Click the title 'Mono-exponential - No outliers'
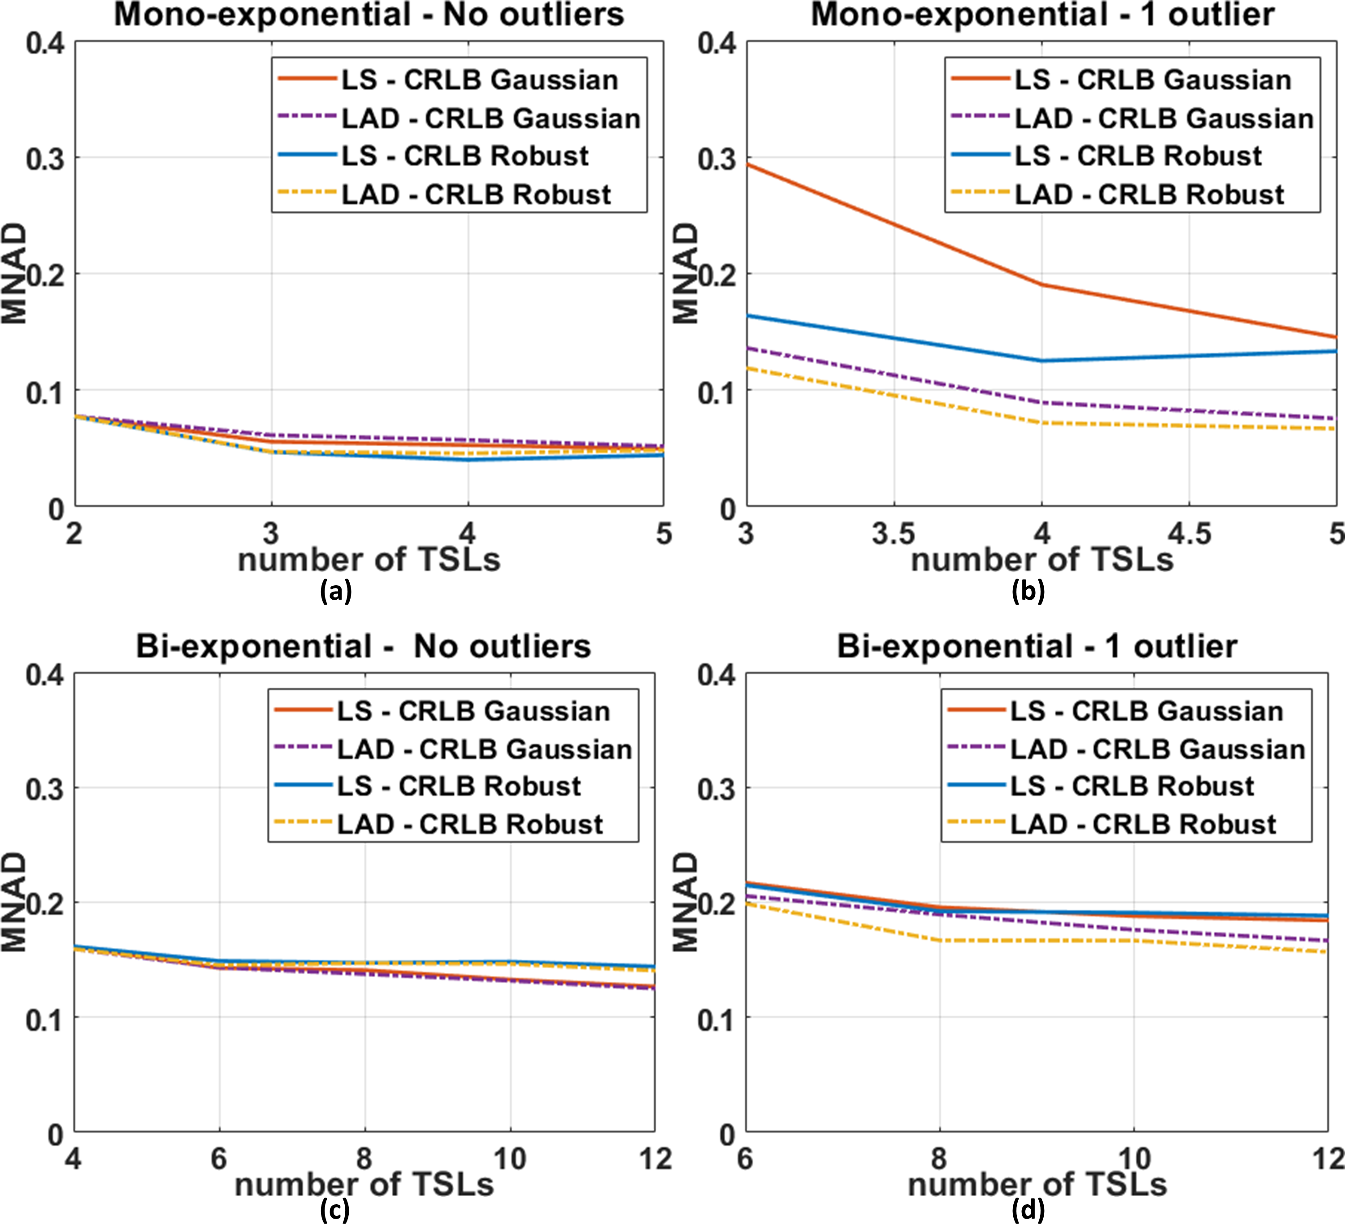[x=369, y=15]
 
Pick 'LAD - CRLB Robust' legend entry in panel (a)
[x=476, y=194]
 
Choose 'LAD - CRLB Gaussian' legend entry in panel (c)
[x=484, y=749]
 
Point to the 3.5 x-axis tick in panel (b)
[x=894, y=534]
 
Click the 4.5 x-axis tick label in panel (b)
[x=1189, y=534]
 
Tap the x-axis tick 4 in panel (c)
[x=74, y=1159]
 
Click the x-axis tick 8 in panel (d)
[x=939, y=1159]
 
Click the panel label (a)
[x=336, y=591]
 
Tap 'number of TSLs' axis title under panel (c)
[x=364, y=1185]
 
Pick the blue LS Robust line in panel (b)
[x=894, y=338]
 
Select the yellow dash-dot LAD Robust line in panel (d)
[x=1034, y=941]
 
